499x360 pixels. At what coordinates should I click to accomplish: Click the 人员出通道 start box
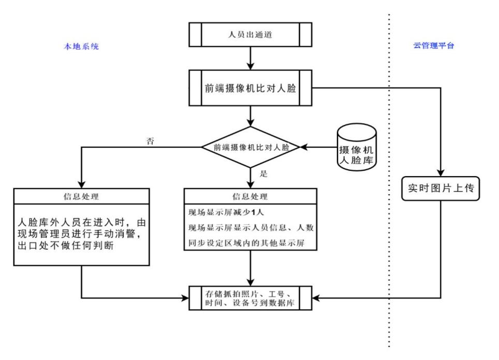[x=251, y=34]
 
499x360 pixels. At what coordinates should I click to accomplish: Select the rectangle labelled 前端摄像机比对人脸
[x=251, y=88]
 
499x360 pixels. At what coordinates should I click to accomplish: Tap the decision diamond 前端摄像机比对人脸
[x=251, y=147]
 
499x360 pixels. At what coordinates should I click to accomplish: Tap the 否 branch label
[x=151, y=141]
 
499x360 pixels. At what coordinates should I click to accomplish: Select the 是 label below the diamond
[x=263, y=174]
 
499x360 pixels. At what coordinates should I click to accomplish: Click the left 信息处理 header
[x=82, y=196]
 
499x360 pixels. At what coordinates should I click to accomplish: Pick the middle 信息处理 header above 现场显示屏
[x=251, y=196]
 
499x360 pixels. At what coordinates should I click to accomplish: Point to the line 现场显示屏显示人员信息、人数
[x=249, y=227]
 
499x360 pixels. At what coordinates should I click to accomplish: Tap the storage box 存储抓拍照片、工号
[x=251, y=298]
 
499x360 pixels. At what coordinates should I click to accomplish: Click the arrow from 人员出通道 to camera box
[x=251, y=58]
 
